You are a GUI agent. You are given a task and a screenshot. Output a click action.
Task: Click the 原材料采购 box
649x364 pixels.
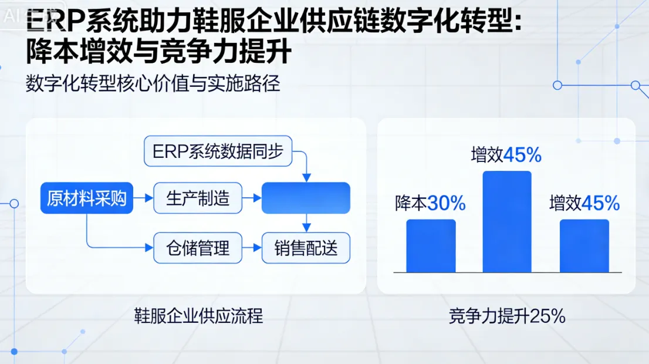click(x=86, y=198)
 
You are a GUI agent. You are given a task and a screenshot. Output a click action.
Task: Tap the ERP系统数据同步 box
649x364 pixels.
click(x=218, y=151)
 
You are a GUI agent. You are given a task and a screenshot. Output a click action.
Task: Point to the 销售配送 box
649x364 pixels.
click(x=306, y=248)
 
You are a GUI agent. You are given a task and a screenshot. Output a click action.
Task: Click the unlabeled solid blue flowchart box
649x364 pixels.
click(x=306, y=198)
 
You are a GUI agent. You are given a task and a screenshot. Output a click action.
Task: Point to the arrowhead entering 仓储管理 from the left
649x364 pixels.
click(x=149, y=248)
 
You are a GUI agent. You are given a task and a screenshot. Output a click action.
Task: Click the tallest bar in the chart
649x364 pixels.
click(x=506, y=221)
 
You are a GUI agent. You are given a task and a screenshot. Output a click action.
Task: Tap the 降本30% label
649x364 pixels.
click(x=430, y=203)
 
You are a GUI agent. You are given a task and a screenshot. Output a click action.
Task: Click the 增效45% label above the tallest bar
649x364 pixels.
click(x=506, y=155)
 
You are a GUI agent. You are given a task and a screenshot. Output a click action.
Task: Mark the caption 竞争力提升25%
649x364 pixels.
click(x=507, y=316)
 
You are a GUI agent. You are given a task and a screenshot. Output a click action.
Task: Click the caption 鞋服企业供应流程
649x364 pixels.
click(x=198, y=316)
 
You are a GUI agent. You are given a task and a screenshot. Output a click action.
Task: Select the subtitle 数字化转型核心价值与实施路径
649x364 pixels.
click(x=153, y=84)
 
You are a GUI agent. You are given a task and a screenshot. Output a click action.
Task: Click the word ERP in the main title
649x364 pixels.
click(x=56, y=23)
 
